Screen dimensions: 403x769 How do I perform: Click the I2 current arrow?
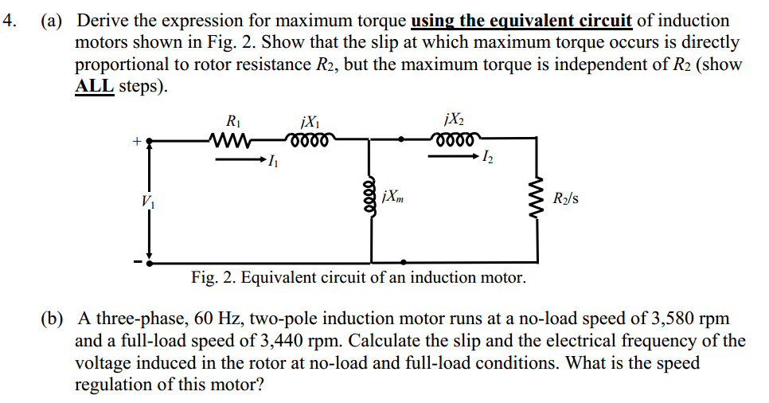tap(454, 157)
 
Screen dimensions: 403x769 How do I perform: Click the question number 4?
tap(10, 21)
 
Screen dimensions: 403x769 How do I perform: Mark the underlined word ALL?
tap(94, 85)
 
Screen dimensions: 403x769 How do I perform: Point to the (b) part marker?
tap(53, 319)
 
